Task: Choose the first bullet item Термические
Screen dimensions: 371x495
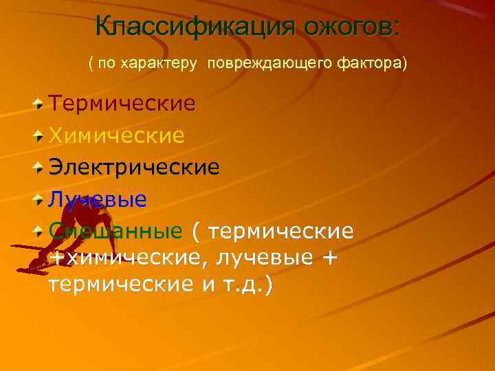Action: coord(122,104)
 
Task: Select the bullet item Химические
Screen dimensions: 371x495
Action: coord(116,135)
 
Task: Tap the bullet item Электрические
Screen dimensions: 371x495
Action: coord(134,167)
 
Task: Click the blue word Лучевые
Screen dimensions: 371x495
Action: coord(97,199)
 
